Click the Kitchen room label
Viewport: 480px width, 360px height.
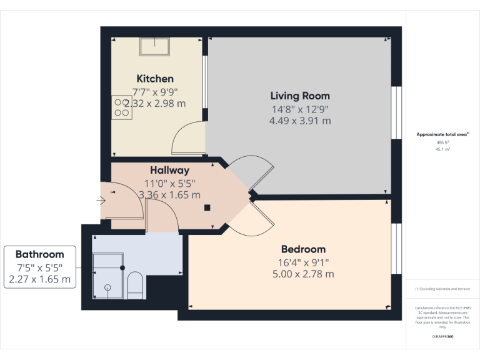click(155, 79)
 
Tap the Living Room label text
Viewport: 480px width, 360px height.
click(300, 96)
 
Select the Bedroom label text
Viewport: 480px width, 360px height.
click(303, 249)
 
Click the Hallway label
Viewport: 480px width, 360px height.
click(169, 170)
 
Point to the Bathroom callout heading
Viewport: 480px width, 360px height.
click(40, 254)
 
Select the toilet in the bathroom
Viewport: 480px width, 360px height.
click(135, 285)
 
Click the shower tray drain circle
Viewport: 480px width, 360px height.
click(107, 287)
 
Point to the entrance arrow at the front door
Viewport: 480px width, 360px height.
click(101, 200)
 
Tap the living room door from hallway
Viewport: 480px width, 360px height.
click(250, 172)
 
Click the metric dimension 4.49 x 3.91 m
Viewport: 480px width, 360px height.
click(300, 121)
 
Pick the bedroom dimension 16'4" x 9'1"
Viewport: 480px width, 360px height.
click(303, 262)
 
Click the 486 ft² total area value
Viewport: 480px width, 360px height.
click(443, 142)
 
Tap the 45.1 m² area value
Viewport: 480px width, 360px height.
click(443, 149)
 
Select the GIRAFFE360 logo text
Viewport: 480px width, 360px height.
click(443, 337)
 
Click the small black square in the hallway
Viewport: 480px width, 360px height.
click(207, 209)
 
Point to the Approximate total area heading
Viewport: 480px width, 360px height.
click(442, 134)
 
